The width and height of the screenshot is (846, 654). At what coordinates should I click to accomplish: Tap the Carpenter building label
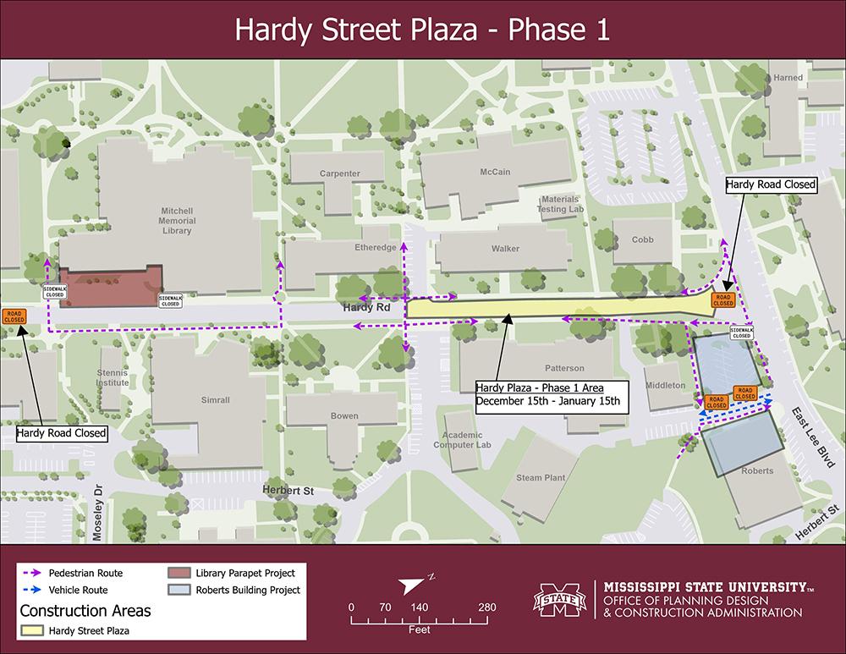click(339, 174)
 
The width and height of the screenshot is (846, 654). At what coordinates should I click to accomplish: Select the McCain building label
click(495, 172)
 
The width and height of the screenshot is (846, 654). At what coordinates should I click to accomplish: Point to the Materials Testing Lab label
click(562, 204)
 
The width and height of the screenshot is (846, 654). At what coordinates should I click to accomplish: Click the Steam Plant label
click(541, 478)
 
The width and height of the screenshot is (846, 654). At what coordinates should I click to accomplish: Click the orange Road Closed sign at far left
click(14, 316)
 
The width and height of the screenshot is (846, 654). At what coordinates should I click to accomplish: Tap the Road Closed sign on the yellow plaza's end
click(722, 300)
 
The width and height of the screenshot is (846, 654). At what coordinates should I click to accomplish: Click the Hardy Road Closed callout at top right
click(771, 184)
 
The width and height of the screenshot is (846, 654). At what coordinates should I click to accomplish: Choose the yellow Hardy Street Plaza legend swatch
click(32, 629)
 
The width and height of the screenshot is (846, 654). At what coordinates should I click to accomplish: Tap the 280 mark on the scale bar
click(486, 607)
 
